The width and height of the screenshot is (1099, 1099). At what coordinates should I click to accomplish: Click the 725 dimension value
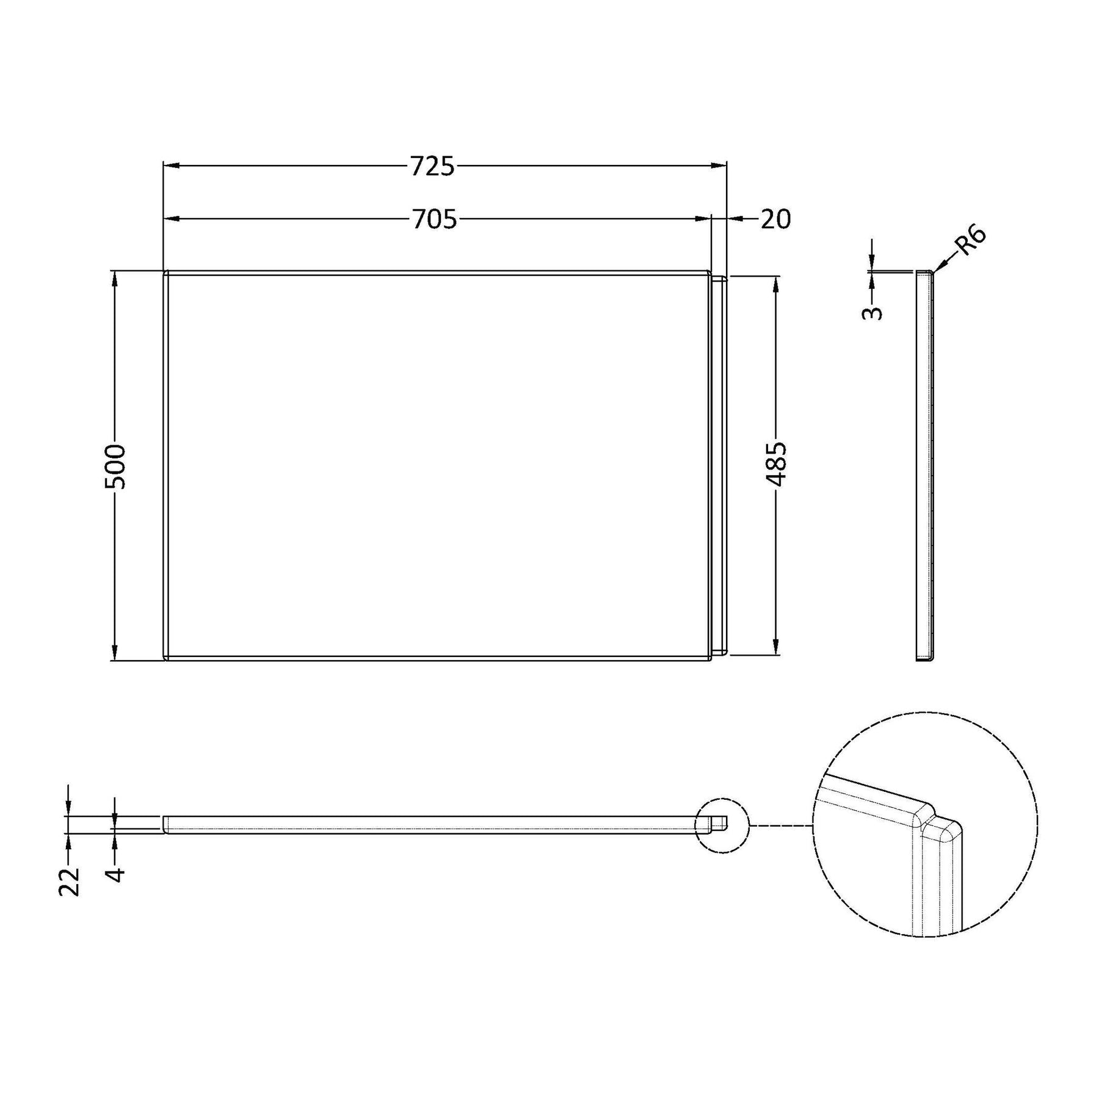pos(432,166)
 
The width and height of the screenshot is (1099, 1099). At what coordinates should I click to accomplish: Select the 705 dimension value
pos(434,219)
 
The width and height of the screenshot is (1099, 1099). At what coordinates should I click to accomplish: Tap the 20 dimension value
pos(775,219)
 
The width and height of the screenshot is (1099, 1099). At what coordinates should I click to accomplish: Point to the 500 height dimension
pos(115,466)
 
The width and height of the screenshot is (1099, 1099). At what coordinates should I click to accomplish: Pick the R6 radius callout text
pos(970,241)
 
